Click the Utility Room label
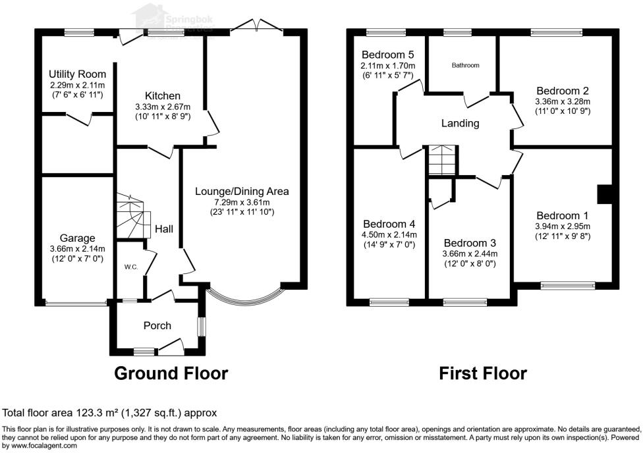(78, 74)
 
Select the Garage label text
(78, 238)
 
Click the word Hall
(163, 229)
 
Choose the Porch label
(157, 325)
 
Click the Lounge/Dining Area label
(242, 191)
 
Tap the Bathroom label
(465, 65)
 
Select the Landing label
(460, 123)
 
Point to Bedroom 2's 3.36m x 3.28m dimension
(562, 101)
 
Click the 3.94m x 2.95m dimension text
(562, 226)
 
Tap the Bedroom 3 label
(470, 242)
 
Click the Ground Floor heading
(171, 373)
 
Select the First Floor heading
(483, 373)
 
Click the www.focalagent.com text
(40, 445)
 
